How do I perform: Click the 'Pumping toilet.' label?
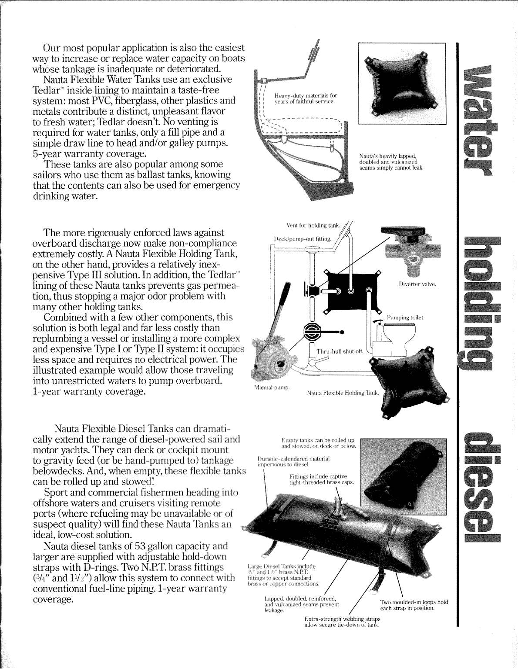click(406, 318)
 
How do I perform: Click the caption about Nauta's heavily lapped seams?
click(391, 162)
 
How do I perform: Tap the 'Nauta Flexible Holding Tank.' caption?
click(343, 393)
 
